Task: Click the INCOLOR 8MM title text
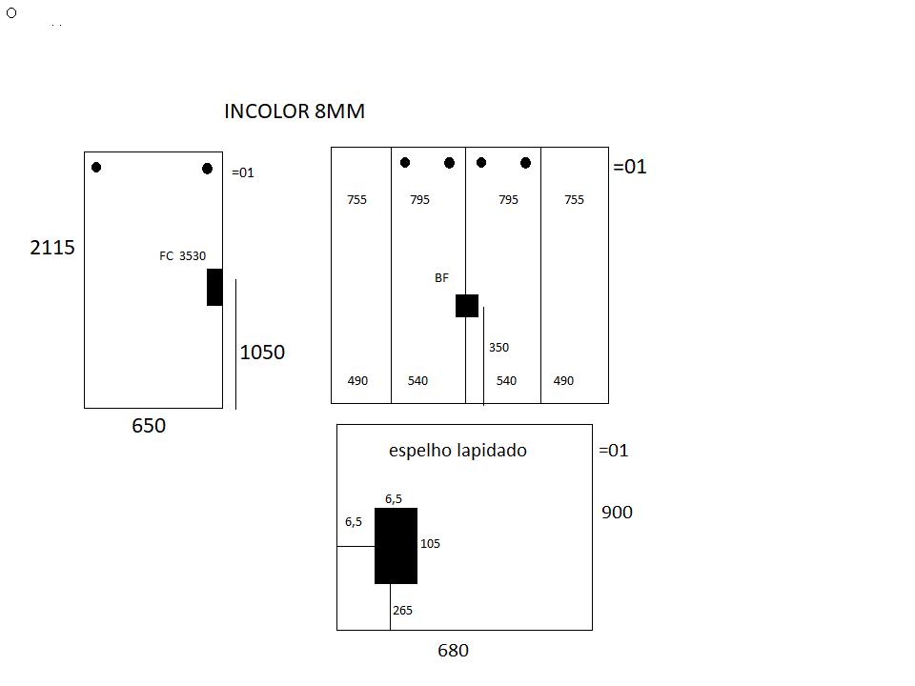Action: tap(295, 111)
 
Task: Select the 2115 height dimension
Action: tap(52, 248)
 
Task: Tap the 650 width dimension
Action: tap(149, 426)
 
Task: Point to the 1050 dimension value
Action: tap(263, 353)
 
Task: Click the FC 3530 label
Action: tap(183, 256)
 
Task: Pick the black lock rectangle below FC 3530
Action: tap(214, 287)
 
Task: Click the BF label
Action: tap(441, 278)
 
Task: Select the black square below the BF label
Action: tap(467, 306)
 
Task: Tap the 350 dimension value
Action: tap(498, 348)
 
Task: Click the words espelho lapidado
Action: tap(458, 451)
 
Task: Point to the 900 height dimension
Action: tap(617, 513)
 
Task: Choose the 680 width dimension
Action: tap(454, 651)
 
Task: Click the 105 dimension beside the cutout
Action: tap(430, 544)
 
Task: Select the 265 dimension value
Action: tap(402, 610)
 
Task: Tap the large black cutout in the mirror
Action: tap(396, 546)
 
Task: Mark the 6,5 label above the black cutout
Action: tap(394, 499)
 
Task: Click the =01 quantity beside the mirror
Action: tap(614, 451)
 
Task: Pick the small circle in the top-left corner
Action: tap(11, 12)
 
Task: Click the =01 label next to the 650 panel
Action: tap(243, 172)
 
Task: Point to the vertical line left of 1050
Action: tap(235, 344)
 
